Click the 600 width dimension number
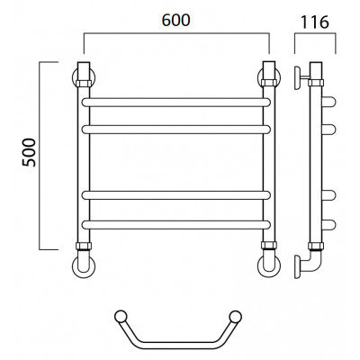pyautogui.click(x=175, y=20)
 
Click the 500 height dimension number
pyautogui.click(x=29, y=152)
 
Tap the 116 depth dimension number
pyautogui.click(x=315, y=22)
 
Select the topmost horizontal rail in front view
pyautogui.click(x=176, y=103)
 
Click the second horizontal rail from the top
pyautogui.click(x=176, y=130)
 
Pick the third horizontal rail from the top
pyautogui.click(x=176, y=195)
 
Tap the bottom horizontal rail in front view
pyautogui.click(x=176, y=225)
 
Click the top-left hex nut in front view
pyautogui.click(x=84, y=83)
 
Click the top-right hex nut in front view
pyautogui.click(x=269, y=83)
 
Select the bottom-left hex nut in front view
pyautogui.click(x=84, y=246)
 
